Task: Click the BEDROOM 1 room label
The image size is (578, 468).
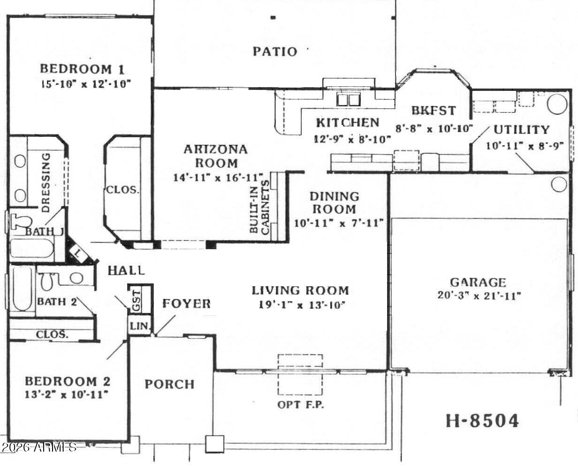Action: pyautogui.click(x=82, y=69)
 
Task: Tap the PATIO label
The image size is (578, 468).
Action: pyautogui.click(x=275, y=51)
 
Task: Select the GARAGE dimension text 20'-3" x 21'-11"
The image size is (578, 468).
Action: pyautogui.click(x=478, y=296)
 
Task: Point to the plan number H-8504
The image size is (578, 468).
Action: pyautogui.click(x=482, y=421)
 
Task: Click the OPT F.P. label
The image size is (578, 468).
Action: pyautogui.click(x=300, y=404)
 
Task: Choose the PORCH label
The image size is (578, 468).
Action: pyautogui.click(x=169, y=384)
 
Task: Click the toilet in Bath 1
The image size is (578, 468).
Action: pyautogui.click(x=20, y=221)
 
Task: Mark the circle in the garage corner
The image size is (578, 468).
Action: pyautogui.click(x=559, y=184)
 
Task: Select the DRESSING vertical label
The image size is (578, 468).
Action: pyautogui.click(x=46, y=180)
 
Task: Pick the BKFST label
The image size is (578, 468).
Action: pyautogui.click(x=433, y=111)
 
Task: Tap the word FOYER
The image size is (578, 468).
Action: pyautogui.click(x=186, y=304)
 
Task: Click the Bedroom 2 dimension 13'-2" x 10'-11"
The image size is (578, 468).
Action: pyautogui.click(x=67, y=394)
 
